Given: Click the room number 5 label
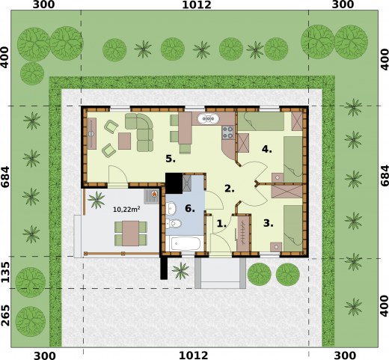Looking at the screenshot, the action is coord(171,159).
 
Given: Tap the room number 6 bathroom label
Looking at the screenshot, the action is coord(190,208).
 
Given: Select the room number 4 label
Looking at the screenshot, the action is coord(266,149).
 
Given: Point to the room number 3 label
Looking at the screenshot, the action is coord(268,223).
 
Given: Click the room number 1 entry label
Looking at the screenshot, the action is coord(221,223).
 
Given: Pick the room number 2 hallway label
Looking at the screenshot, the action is coord(230,189).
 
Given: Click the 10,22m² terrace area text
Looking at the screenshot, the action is coord(126,209).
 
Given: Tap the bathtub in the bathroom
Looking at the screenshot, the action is coord(186,243).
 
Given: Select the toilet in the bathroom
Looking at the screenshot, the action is coord(174,223).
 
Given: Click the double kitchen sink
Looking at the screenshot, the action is coord(209,119).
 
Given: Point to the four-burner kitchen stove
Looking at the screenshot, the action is coord(228,132).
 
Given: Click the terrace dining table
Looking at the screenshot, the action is coord(131,234).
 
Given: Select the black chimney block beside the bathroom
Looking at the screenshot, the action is coord(174,183).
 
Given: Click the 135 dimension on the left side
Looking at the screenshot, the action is coord(5,272).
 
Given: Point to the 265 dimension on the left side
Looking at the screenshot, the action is coord(5,315).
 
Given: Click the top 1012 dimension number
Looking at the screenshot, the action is coord(197,4).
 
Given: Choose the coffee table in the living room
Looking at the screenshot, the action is coord(124,141).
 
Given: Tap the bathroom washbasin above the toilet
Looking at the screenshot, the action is coord(171,208).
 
